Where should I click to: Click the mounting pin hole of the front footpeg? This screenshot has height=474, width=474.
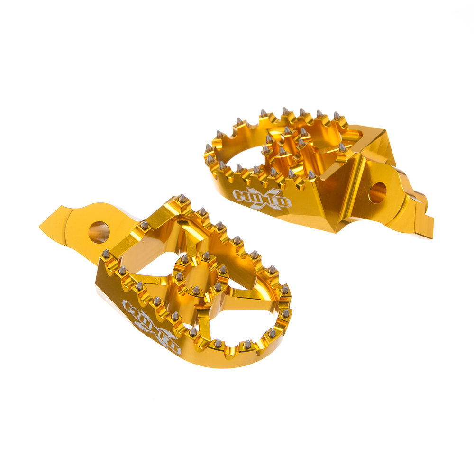[99, 232]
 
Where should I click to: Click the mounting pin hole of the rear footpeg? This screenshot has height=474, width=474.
[378, 192]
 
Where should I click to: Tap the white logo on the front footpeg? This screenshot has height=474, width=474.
[151, 326]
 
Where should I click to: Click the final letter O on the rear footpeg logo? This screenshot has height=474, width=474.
[284, 204]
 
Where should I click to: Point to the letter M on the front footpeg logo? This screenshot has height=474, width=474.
[131, 308]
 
